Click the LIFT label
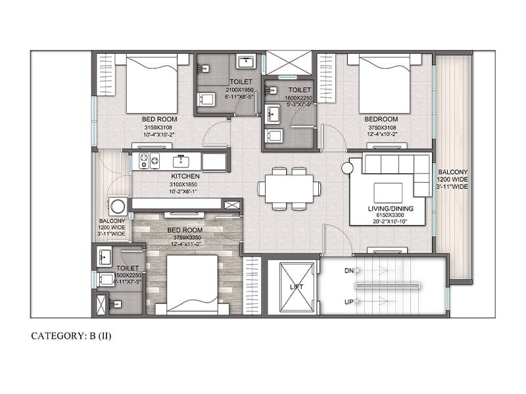point(297,287)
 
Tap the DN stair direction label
point(349,271)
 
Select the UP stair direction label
point(349,302)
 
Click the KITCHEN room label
point(185,176)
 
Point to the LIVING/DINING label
point(391,208)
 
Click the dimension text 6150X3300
point(390,215)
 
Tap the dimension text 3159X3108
point(158,127)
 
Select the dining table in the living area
point(289,188)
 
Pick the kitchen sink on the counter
point(181,162)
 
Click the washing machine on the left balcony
point(118,206)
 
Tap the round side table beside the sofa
point(348,168)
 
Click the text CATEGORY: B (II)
point(71,336)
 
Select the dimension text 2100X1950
point(239,90)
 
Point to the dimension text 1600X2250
point(299,98)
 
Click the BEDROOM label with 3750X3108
point(381,119)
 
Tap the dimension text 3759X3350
point(187,238)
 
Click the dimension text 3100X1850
point(183,185)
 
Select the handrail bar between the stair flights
point(387,286)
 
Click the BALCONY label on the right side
point(453,172)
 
